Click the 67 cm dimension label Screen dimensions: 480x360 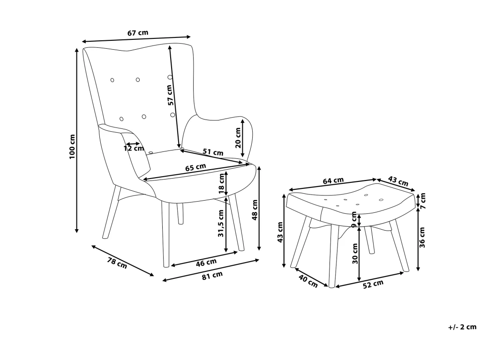click(x=138, y=33)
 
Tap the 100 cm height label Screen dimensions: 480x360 click(x=72, y=147)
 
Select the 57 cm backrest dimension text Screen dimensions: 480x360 click(x=171, y=95)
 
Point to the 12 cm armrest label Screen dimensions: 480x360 click(x=134, y=149)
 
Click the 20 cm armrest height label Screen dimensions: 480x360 click(x=238, y=138)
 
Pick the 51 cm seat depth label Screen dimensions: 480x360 click(x=213, y=152)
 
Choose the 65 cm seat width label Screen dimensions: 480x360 click(x=195, y=167)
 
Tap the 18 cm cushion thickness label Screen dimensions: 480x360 click(x=221, y=184)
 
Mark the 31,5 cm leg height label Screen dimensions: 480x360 click(x=221, y=224)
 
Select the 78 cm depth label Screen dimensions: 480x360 click(x=117, y=263)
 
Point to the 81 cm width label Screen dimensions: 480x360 click(x=212, y=276)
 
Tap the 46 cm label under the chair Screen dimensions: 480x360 click(x=206, y=262)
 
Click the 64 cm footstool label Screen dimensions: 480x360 click(x=333, y=180)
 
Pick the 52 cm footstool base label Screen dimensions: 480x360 click(x=373, y=284)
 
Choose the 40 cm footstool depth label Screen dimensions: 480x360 click(x=308, y=281)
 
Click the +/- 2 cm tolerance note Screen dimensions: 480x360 click(x=463, y=327)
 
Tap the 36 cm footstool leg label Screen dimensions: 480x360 click(x=422, y=237)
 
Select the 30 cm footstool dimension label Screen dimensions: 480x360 click(x=355, y=254)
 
